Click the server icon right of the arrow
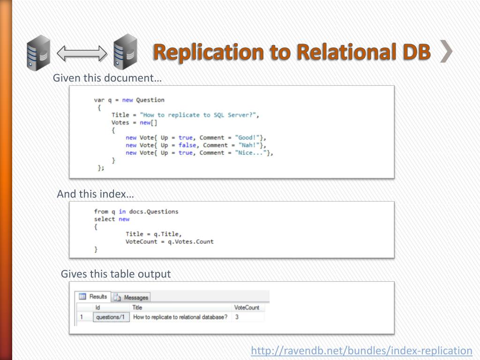pos(125,51)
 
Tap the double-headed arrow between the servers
pos(82,53)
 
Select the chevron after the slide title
pos(446,52)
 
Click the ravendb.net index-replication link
pos(361,351)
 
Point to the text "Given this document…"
pos(107,78)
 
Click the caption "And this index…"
pos(95,194)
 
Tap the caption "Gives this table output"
pos(116,274)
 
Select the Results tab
pos(93,297)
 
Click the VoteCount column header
pos(246,307)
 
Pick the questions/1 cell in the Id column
pos(111,317)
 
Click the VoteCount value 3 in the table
pos(237,317)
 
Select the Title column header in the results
pos(137,307)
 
